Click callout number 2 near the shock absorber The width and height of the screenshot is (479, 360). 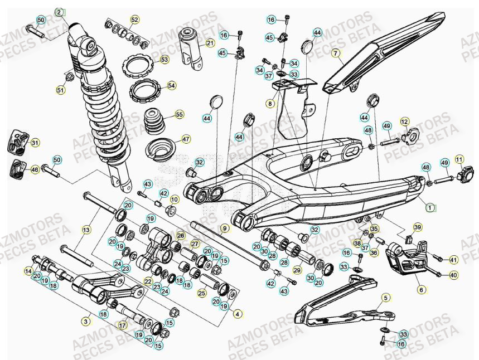pos(59,12)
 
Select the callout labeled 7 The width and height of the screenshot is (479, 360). pos(336,53)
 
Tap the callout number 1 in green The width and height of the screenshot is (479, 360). pos(429,207)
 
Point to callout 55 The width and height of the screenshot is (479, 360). pos(179,114)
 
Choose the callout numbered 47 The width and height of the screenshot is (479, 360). pos(186,139)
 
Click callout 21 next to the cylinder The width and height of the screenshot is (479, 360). pos(210,43)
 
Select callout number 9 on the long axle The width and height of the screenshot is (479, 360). pos(224,228)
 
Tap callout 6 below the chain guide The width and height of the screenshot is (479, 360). pos(421,289)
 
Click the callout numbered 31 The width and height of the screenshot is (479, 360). pos(35,143)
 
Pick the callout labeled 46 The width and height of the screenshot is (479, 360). pos(35,169)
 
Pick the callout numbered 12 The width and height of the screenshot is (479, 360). pos(404,121)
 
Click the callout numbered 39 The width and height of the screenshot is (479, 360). pos(418,227)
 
